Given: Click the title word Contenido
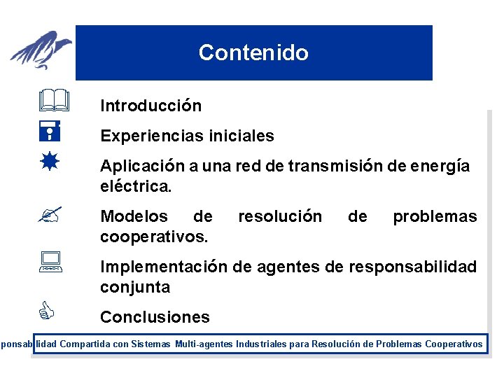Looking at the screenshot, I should [253, 52].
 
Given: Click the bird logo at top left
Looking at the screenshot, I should [42, 50].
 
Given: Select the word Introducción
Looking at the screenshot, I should [150, 106].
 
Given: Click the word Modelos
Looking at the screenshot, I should [134, 216].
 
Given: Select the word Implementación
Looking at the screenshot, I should [164, 267].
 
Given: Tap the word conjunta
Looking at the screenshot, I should [135, 287].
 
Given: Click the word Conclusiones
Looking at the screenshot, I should [155, 317].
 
